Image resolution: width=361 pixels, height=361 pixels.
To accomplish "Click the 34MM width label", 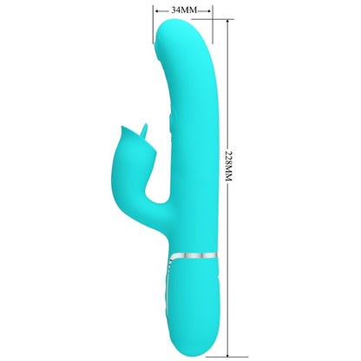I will pos(184,9).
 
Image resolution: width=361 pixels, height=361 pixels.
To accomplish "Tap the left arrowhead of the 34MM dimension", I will pos(155,9).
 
